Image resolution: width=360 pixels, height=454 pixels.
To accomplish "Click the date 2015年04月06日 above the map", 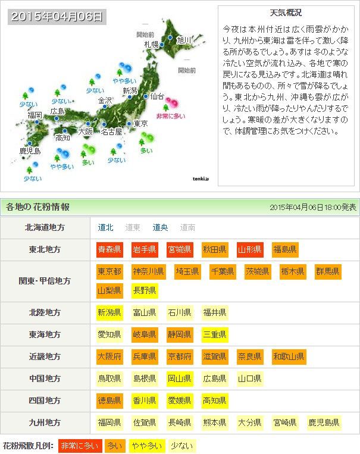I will pos(57,16).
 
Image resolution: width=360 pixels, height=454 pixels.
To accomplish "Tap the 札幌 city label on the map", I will pos(151,44).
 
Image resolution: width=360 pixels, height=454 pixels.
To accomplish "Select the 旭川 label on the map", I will pos(183,40).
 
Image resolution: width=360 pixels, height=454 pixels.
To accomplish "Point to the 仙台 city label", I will pos(156,96).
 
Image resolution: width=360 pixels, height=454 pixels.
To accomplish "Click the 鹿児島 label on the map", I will pos(30,151).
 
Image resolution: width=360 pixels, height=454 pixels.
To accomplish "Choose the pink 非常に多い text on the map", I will pos(170,117).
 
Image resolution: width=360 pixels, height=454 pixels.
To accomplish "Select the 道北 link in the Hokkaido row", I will pos(106,227).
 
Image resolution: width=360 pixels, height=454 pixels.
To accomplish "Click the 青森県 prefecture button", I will pos(110,249).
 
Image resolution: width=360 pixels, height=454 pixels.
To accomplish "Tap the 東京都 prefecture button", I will pos(110,272).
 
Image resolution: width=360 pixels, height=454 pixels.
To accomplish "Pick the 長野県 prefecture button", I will pos(145,291).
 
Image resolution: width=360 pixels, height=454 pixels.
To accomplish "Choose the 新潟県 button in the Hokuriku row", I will pos(110,312).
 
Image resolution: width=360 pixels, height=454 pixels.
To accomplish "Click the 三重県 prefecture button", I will pos(215,334).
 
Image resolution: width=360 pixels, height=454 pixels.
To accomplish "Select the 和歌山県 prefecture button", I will pos(289,356).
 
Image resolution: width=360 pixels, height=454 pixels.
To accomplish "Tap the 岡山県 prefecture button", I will pos(180,378).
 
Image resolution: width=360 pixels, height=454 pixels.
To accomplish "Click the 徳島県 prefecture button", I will pos(110,400).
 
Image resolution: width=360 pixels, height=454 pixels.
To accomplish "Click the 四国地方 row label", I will pos(45,400).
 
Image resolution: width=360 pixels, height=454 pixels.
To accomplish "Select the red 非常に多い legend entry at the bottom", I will pos(80,445).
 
